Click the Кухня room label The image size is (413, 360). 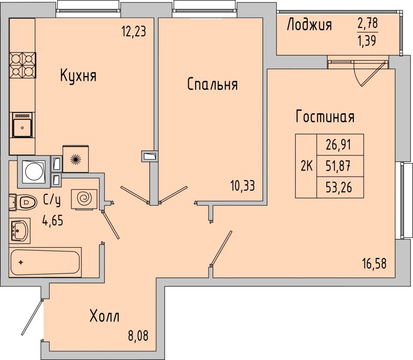click(78, 76)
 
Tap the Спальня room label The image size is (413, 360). click(213, 85)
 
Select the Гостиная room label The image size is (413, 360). click(325, 116)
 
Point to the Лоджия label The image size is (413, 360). click(309, 25)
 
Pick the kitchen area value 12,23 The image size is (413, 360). click(133, 32)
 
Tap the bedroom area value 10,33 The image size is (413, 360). click(243, 186)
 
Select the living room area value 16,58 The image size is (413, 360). click(374, 264)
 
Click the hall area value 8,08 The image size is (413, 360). click(138, 336)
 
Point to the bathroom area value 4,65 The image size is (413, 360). click(53, 221)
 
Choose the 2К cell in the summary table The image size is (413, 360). click(306, 166)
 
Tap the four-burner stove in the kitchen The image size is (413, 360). click(23, 65)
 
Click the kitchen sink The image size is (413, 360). click(22, 125)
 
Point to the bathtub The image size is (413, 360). click(45, 262)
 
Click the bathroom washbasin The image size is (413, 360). click(20, 231)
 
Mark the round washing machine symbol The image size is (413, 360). click(34, 172)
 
